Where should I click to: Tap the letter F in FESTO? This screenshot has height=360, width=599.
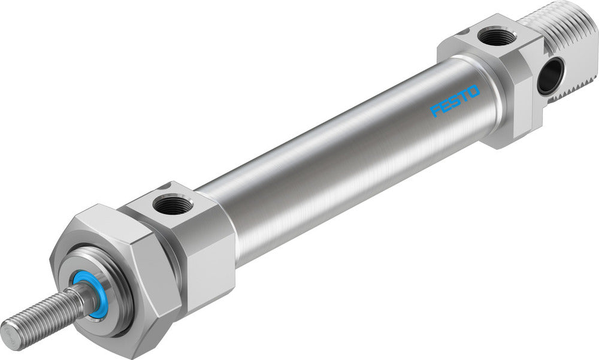click(436, 111)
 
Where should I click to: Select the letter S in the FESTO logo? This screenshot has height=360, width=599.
click(455, 102)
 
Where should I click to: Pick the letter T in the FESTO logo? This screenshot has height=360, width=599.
click(464, 97)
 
